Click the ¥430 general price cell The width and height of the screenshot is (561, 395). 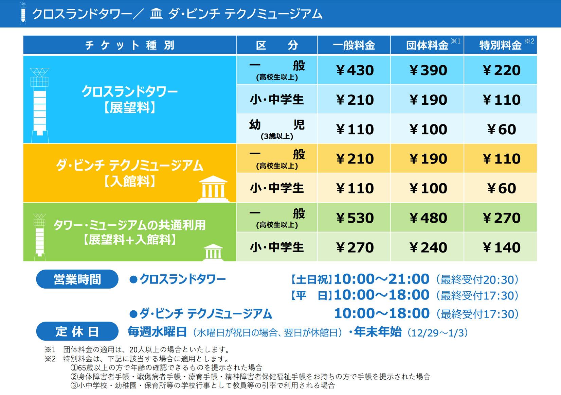coord(354,70)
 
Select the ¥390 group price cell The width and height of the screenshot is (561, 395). coord(427,70)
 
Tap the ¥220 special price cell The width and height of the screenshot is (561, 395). coord(501,70)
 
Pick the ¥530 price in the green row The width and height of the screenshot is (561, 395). coord(354,218)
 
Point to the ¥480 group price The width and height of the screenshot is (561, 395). coord(427,218)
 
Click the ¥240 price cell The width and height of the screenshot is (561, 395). coord(427,247)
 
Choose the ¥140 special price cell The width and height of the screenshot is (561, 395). coord(501,247)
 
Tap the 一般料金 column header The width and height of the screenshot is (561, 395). coord(354,45)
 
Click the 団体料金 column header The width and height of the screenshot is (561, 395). coord(427,45)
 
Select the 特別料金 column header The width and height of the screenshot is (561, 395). coord(501,45)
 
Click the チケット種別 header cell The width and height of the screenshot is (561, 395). coord(130,45)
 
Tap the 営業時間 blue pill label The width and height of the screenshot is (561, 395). coord(77,279)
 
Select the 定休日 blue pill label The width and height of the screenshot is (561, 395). coord(77,331)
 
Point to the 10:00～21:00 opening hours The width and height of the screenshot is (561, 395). coord(381,279)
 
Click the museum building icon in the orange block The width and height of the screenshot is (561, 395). coord(213,189)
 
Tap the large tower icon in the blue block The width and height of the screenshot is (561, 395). coord(40,105)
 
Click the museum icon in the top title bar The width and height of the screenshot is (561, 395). coord(156,13)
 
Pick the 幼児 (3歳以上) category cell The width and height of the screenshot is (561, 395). coord(277,129)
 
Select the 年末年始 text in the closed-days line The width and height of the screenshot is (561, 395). coord(378,332)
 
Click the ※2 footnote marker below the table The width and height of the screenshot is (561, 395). coord(50,359)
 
